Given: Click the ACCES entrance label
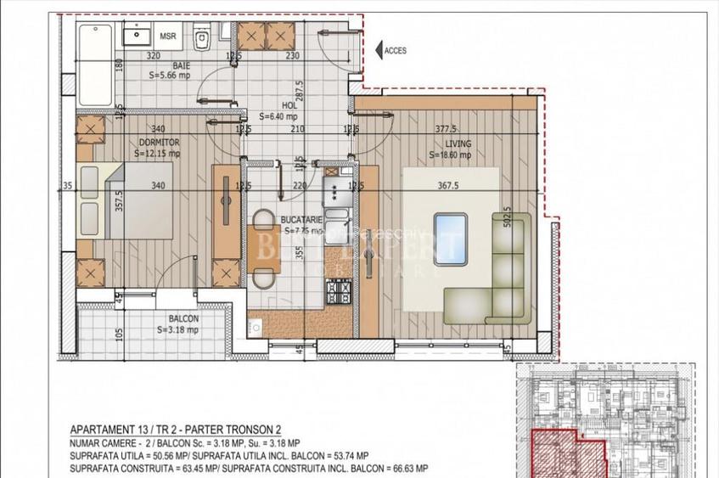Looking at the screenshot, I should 396,51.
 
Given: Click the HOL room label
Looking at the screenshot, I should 265,107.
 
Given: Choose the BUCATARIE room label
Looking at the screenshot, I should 301,219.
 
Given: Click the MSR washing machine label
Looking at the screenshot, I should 168,37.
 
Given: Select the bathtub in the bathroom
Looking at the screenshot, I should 95,64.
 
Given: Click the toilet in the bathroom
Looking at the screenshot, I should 202,39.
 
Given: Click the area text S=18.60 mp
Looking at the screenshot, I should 452,155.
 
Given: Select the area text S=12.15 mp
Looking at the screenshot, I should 157,154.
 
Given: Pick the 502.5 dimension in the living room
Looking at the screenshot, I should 507,223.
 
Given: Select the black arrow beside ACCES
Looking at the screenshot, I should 377,50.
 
